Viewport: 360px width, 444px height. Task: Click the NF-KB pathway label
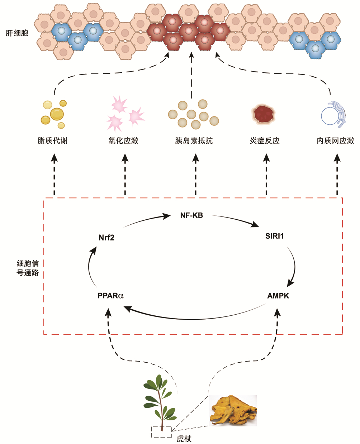(x=191, y=215)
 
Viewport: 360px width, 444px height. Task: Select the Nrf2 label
(x=106, y=237)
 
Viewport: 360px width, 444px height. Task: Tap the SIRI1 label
(x=275, y=236)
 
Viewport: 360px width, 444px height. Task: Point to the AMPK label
(x=278, y=296)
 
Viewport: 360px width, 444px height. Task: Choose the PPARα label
(x=110, y=296)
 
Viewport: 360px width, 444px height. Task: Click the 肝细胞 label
(x=17, y=34)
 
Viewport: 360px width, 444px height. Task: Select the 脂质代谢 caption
(x=52, y=140)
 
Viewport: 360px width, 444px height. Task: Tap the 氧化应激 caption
(x=123, y=140)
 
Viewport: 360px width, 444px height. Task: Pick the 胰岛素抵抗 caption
(x=194, y=140)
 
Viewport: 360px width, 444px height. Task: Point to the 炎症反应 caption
(x=265, y=140)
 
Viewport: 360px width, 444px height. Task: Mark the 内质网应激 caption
(x=335, y=140)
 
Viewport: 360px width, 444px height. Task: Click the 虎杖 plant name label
(x=184, y=439)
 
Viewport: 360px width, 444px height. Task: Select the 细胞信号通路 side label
(x=28, y=267)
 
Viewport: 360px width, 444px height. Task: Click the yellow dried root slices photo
(x=233, y=411)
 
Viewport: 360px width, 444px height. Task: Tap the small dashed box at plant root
(x=161, y=431)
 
